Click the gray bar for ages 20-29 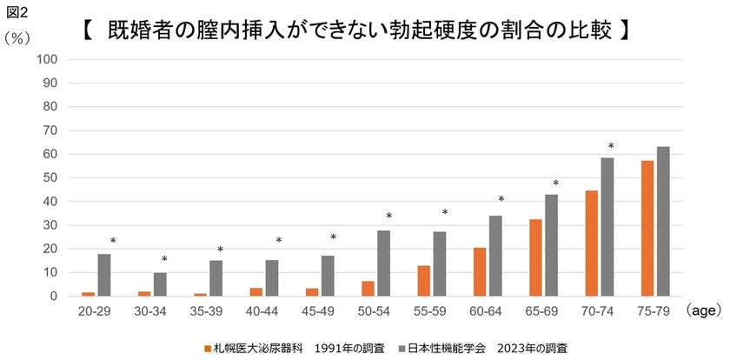pyautogui.click(x=104, y=275)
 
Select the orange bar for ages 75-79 pyautogui.click(x=647, y=229)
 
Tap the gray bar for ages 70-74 pyautogui.click(x=607, y=227)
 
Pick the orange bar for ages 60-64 pyautogui.click(x=481, y=272)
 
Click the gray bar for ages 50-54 pyautogui.click(x=383, y=263)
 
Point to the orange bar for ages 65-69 pyautogui.click(x=536, y=257)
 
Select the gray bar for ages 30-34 pyautogui.click(x=160, y=284)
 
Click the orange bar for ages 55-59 pyautogui.click(x=424, y=281)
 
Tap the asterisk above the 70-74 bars pyautogui.click(x=611, y=147)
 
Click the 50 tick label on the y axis pyautogui.click(x=50, y=177)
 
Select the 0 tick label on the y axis pyautogui.click(x=53, y=296)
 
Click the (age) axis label pyautogui.click(x=703, y=310)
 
